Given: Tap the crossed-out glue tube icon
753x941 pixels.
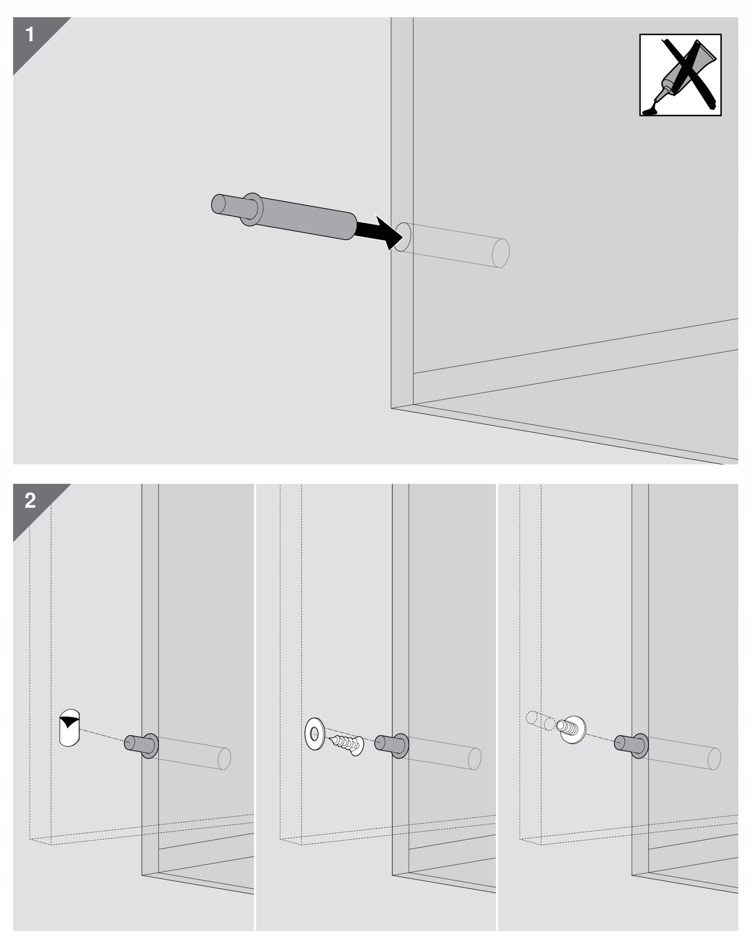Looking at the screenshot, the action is (680, 75).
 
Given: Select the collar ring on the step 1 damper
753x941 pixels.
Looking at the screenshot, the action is (251, 210).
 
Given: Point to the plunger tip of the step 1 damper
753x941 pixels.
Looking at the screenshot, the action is (218, 204).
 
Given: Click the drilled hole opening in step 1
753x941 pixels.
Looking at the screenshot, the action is (402, 237).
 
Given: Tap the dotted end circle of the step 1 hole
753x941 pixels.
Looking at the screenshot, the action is (501, 253).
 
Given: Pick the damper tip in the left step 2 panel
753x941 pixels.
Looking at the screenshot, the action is (130, 743).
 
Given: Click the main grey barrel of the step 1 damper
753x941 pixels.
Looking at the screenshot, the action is (305, 218).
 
